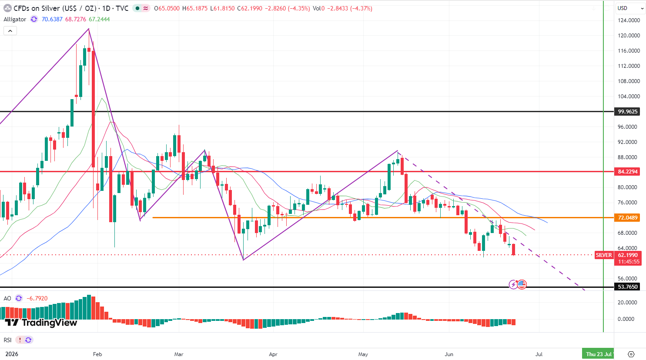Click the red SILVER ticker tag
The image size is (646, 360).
point(604,255)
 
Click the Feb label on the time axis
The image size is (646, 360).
point(97,354)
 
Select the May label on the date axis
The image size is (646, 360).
point(363,354)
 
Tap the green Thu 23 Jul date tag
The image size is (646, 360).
point(598,354)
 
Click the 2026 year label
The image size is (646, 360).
point(12,354)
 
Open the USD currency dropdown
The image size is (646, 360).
point(630,8)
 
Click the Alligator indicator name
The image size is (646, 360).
point(15,19)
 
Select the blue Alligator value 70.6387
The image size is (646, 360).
point(52,19)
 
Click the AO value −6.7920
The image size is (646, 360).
point(37,298)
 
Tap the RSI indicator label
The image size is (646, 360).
point(7,340)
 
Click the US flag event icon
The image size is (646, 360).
point(522,284)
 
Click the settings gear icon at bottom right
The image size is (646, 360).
point(631,354)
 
